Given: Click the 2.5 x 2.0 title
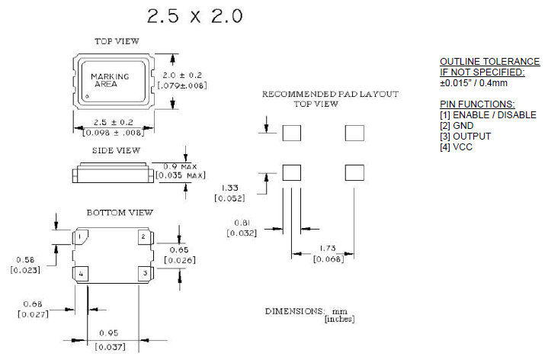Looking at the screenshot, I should [x=195, y=16].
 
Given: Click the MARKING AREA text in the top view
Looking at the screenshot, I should [x=110, y=81].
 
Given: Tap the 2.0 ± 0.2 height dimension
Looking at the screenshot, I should [x=183, y=75].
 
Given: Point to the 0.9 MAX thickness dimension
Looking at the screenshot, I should [x=181, y=166].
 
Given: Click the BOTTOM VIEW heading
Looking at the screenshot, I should [x=119, y=212].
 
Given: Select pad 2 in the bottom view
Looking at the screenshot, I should [x=143, y=238].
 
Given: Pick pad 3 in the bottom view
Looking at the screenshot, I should [x=143, y=272].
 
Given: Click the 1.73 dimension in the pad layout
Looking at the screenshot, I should [x=328, y=249].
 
